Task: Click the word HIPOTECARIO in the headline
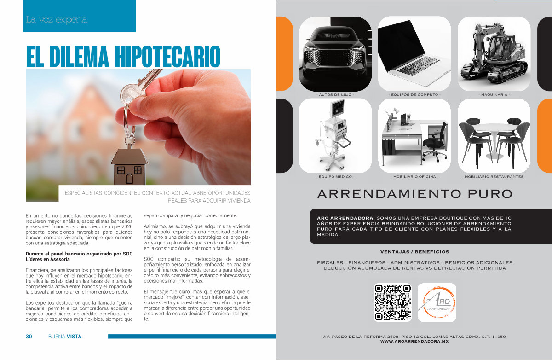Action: click(167, 56)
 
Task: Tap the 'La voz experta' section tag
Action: click(57, 19)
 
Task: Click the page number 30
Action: click(29, 337)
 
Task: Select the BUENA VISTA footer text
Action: click(65, 337)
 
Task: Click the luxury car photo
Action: click(335, 54)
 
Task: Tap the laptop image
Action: click(414, 54)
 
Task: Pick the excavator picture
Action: click(494, 54)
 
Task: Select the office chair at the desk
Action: click(434, 143)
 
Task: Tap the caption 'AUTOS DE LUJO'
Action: click(335, 95)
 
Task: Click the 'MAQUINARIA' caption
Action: click(494, 95)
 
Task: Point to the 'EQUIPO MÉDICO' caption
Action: click(335, 177)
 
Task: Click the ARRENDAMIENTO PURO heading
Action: click(415, 194)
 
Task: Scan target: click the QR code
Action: click(392, 302)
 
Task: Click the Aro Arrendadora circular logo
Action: click(437, 302)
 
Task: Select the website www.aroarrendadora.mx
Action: click(414, 342)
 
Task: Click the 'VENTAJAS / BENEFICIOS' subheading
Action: click(415, 252)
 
